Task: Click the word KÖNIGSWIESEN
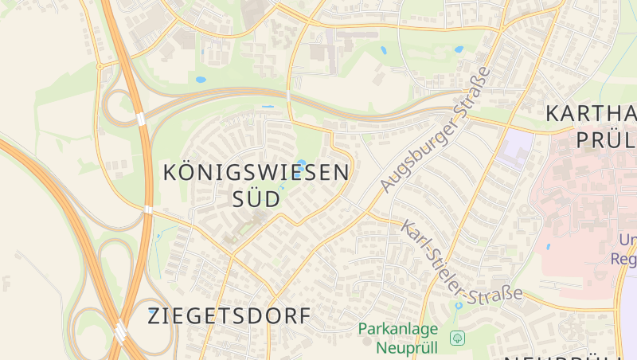(x=256, y=171)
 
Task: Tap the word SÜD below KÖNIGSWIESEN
(x=256, y=199)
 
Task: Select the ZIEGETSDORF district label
(x=229, y=315)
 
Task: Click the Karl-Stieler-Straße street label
(x=462, y=262)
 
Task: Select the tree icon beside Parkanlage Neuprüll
(x=457, y=338)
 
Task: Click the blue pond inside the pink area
(x=548, y=248)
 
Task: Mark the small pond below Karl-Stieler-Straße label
(x=459, y=305)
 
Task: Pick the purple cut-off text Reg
(x=623, y=259)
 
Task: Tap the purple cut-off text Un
(x=627, y=239)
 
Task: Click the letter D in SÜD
(x=272, y=199)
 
